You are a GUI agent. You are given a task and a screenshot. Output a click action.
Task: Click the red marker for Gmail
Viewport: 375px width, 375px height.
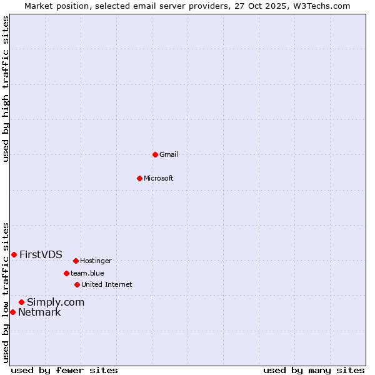click(155, 154)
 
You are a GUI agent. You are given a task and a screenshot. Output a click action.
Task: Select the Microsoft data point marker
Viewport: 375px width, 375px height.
click(139, 178)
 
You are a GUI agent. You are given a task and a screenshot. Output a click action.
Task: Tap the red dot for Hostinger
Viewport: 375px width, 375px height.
click(76, 261)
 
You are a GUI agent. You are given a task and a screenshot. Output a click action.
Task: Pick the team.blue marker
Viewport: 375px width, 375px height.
click(66, 273)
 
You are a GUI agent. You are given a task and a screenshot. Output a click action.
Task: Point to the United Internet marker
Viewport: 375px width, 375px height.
click(77, 284)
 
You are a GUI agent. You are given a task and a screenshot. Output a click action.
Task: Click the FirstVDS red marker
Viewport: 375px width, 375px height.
click(14, 254)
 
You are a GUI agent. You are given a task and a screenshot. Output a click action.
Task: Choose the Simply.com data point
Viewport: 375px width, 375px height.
click(21, 302)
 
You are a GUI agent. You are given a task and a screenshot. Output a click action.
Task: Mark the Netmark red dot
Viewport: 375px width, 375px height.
click(12, 312)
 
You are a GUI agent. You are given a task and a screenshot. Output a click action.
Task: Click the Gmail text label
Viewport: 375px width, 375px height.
click(169, 154)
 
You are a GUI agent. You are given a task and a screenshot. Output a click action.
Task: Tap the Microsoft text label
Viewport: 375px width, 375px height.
click(159, 178)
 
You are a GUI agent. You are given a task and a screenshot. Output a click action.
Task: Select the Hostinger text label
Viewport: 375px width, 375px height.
click(96, 261)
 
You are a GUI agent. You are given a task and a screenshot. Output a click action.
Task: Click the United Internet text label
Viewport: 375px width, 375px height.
click(106, 284)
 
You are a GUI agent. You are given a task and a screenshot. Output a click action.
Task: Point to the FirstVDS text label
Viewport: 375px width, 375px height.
click(41, 254)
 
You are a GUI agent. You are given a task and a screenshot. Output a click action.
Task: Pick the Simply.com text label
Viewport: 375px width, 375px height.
click(56, 302)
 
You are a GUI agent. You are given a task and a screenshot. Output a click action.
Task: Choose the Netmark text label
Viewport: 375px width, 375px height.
click(39, 312)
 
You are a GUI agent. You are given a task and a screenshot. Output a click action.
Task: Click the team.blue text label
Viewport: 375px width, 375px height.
click(87, 273)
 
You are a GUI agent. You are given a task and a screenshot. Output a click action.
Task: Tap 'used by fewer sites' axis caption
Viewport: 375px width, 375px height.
click(64, 370)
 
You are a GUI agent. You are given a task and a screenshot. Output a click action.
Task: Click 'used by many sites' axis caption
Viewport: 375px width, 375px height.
click(314, 370)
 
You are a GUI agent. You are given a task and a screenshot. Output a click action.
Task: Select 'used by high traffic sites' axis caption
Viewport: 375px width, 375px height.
click(6, 89)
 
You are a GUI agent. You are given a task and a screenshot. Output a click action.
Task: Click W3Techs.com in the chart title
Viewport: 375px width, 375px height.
click(320, 6)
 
